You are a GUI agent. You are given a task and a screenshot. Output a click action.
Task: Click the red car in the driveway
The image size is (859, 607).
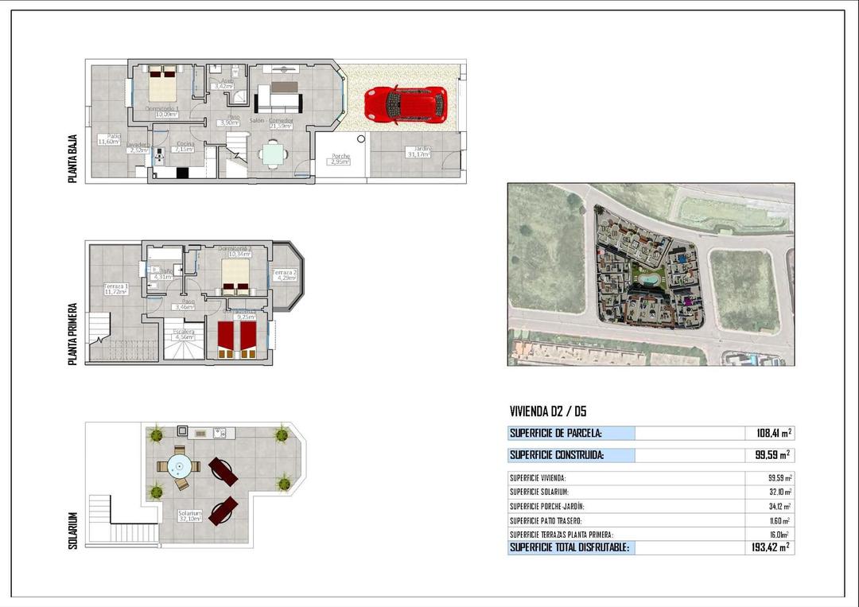coord(406,104)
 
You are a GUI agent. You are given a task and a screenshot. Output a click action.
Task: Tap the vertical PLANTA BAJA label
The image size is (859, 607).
coord(73,159)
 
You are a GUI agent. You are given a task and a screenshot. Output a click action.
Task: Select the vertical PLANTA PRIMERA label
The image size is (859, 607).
coord(73,333)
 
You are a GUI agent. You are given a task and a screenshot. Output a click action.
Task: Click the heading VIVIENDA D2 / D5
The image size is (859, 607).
coord(548,411)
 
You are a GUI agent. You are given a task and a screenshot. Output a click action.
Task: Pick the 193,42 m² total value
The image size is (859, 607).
coord(769,547)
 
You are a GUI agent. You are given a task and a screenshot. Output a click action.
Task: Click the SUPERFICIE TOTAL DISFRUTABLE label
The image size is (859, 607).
coord(569,547)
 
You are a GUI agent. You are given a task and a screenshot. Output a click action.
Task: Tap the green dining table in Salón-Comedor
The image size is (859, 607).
coord(273,153)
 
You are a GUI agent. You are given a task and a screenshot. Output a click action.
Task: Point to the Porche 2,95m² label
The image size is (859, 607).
coord(340,159)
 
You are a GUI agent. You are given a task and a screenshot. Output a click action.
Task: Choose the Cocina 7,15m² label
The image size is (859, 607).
coord(185,146)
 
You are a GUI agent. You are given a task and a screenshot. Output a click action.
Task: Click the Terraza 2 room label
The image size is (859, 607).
coord(285,275)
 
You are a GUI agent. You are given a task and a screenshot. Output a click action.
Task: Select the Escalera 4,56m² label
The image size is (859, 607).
coord(184,334)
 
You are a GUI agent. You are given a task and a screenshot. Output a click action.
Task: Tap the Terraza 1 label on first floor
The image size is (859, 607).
coord(115,289)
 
